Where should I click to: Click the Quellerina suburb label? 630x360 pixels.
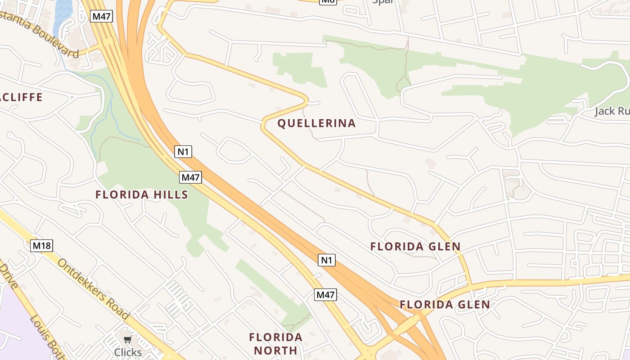(316, 123)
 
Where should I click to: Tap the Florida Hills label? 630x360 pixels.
(141, 195)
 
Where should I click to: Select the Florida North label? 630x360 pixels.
(276, 344)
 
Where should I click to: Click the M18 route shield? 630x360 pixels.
(42, 246)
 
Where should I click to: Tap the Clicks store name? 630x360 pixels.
(128, 352)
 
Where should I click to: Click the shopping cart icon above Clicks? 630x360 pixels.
(128, 340)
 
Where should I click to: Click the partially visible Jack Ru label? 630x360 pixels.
(612, 111)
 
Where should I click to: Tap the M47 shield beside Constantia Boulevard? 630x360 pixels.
(101, 17)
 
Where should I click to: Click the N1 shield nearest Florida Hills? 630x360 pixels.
(183, 152)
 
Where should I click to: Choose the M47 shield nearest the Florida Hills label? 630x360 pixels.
(190, 177)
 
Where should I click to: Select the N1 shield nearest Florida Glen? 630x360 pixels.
(327, 260)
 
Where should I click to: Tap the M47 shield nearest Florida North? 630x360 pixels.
(325, 295)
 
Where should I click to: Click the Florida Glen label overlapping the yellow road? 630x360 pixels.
(445, 305)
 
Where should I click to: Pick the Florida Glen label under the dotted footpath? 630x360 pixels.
(415, 247)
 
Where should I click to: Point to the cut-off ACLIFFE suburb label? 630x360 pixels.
(21, 97)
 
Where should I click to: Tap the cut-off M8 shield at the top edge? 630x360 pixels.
(328, 1)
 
